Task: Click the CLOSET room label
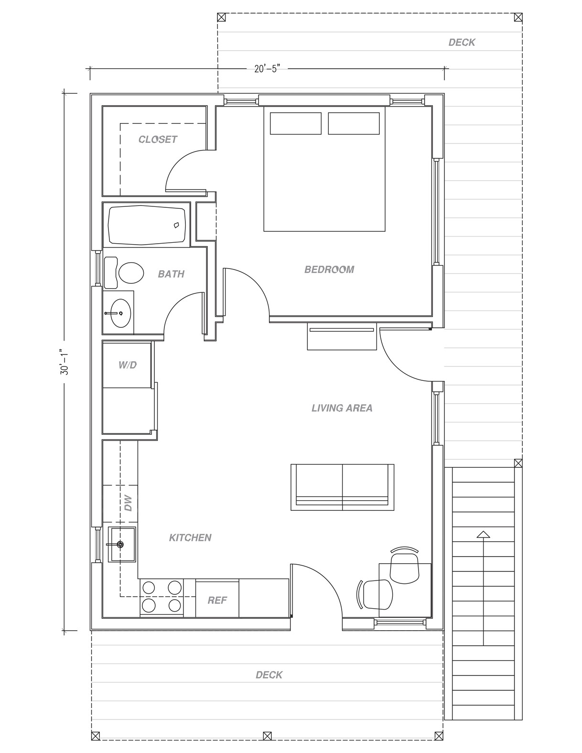point(158,140)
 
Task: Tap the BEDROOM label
point(329,269)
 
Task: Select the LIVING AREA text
point(342,408)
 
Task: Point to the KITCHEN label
point(190,538)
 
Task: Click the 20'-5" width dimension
point(267,69)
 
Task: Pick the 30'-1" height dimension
point(65,362)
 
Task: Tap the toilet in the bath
point(124,272)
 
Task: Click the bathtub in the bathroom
point(147,225)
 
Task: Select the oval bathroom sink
point(120,313)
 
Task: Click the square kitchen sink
point(121,544)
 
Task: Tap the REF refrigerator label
point(217,600)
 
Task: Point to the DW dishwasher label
point(128,503)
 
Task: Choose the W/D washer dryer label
point(128,365)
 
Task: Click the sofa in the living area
point(342,487)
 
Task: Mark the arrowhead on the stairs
point(483,534)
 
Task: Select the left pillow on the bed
point(295,123)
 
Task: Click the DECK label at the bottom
point(269,675)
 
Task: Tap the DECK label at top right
point(462,42)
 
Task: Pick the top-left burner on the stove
point(149,587)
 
